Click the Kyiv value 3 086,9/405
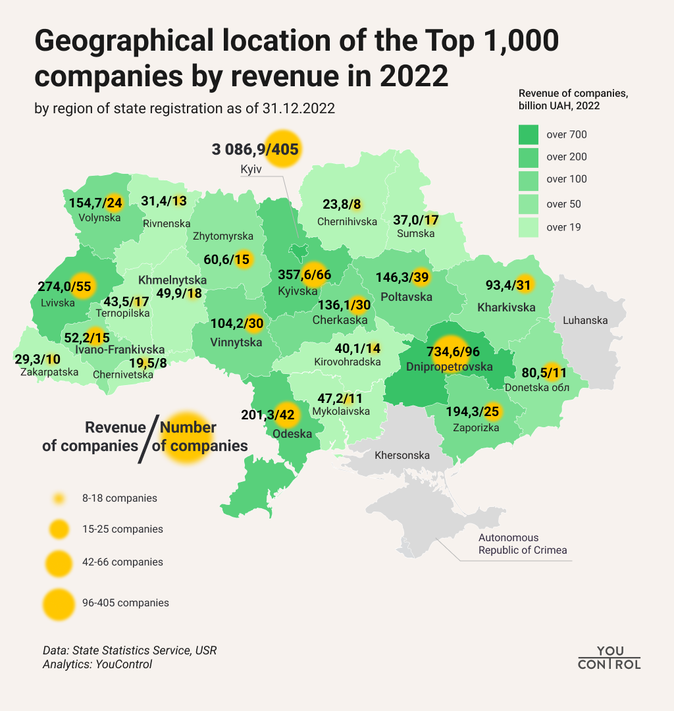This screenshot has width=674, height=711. [255, 149]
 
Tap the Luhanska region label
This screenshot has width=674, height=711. [585, 321]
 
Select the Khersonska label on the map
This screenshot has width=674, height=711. [402, 455]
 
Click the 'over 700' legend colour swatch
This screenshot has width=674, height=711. [529, 135]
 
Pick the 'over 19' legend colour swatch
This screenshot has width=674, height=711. [529, 228]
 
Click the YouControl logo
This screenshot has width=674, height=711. [609, 657]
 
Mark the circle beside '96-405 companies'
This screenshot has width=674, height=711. [59, 603]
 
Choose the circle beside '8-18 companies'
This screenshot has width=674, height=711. [59, 498]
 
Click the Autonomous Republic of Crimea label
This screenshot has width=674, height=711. [522, 544]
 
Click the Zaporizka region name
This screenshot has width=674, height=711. [476, 427]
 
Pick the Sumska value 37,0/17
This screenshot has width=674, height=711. [416, 219]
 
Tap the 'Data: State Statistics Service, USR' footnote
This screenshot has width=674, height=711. [130, 650]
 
